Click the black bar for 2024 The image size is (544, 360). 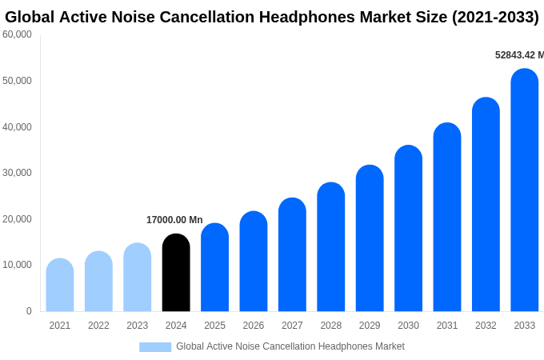click(x=176, y=273)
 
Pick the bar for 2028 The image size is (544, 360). click(x=331, y=247)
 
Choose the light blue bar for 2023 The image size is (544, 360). click(x=138, y=278)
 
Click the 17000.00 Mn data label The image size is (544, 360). click(x=174, y=220)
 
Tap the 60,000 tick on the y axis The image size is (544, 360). click(x=17, y=34)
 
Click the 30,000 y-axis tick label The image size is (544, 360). click(x=17, y=173)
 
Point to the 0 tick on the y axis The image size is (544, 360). click(x=29, y=311)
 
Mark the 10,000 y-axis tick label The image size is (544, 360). click(x=17, y=265)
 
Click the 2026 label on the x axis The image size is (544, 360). click(x=254, y=326)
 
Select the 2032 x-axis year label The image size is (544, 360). click(x=486, y=326)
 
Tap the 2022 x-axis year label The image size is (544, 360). click(x=98, y=326)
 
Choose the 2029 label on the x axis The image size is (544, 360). click(x=370, y=326)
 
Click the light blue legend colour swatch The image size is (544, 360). click(x=155, y=347)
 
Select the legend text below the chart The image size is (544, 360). click(x=290, y=346)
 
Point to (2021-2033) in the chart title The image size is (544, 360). click(x=495, y=17)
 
